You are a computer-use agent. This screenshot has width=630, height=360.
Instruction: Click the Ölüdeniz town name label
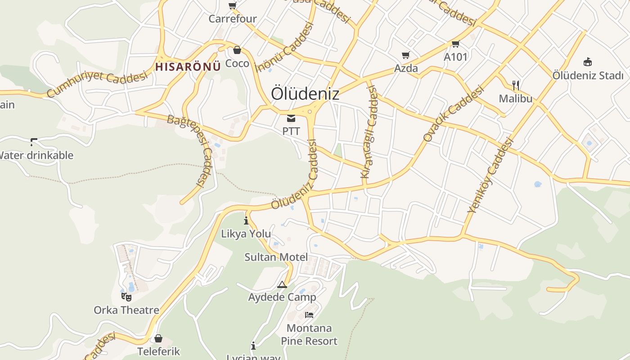click(305, 94)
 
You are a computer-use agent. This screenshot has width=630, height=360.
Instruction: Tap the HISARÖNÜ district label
click(188, 67)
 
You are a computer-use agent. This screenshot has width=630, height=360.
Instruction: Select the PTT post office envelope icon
click(291, 118)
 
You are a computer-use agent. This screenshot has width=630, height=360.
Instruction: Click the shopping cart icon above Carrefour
click(232, 6)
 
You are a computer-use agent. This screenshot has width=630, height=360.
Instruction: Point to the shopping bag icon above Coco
click(237, 50)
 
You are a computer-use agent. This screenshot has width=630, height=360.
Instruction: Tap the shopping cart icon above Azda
click(405, 55)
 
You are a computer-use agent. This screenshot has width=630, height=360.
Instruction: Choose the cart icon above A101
click(455, 44)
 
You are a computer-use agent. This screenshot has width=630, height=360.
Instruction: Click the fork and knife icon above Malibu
click(516, 85)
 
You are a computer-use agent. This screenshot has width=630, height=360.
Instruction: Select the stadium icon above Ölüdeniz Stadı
click(587, 62)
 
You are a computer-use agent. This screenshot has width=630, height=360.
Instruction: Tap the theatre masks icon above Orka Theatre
click(126, 297)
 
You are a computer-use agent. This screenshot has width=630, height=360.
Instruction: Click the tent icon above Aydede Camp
click(282, 284)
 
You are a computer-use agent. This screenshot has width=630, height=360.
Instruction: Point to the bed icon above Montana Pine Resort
click(309, 315)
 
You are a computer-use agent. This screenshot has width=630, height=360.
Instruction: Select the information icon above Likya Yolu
click(246, 220)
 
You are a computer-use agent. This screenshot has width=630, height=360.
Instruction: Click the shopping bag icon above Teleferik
click(158, 338)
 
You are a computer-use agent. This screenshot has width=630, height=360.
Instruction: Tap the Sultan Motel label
click(276, 257)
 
